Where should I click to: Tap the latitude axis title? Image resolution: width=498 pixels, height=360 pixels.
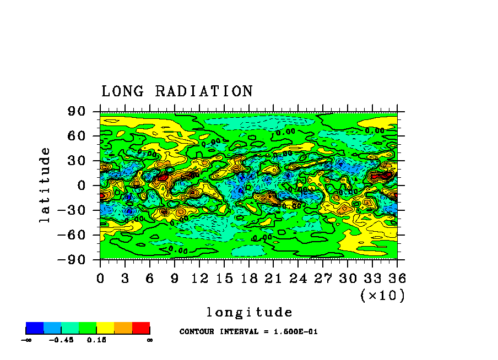(45, 184)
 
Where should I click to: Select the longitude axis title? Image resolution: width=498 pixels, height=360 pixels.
(249, 313)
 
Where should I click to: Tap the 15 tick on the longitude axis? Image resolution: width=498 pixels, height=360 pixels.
(224, 278)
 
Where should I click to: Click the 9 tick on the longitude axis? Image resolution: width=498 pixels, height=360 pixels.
(175, 278)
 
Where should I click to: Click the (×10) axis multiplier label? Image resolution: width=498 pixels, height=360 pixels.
(382, 296)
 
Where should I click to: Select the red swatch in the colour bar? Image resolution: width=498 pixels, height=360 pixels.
(141, 328)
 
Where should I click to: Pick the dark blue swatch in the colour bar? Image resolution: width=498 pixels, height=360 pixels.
(35, 328)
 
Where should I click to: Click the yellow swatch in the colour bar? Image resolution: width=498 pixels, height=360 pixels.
(105, 328)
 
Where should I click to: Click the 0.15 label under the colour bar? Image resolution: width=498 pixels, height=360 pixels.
(96, 340)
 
